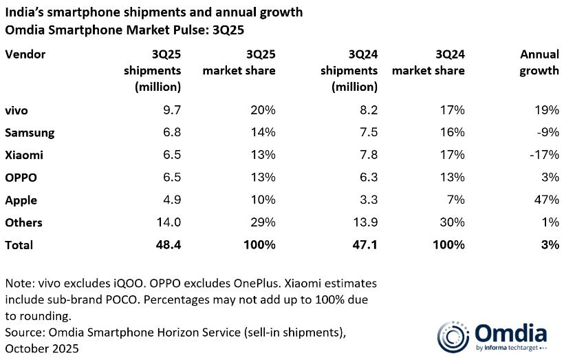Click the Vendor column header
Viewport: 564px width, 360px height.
[25, 54]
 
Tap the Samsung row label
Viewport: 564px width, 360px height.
[30, 132]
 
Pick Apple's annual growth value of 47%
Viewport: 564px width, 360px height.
[547, 200]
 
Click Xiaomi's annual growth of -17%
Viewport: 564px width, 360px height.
[545, 155]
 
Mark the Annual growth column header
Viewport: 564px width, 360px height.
[539, 62]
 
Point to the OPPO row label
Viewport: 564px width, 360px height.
[20, 178]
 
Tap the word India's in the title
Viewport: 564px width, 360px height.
[25, 13]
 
